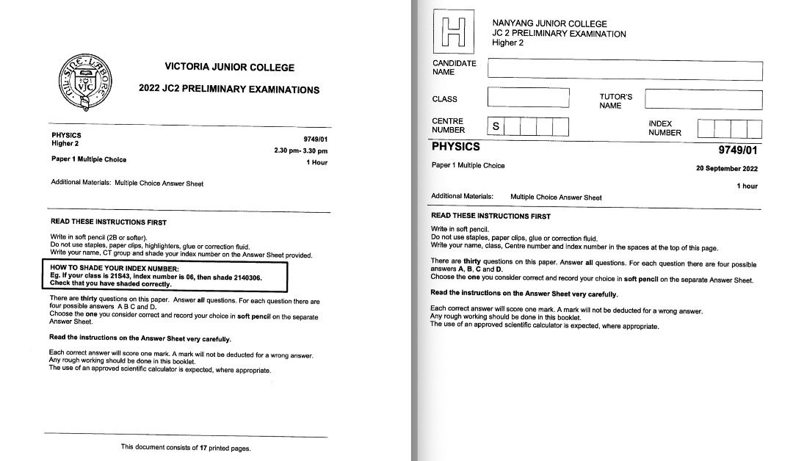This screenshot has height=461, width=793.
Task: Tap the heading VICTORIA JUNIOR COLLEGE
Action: coord(229,68)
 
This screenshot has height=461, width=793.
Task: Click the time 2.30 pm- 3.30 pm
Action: coord(300,150)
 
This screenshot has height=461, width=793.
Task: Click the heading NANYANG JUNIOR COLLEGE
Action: coord(549,24)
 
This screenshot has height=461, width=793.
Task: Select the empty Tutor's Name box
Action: coord(703,98)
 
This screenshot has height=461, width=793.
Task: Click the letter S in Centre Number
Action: coord(496,126)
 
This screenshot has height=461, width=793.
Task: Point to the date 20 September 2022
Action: coord(727,168)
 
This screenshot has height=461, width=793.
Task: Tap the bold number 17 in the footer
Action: coord(203,447)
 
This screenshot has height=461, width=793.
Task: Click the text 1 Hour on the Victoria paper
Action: coord(316,162)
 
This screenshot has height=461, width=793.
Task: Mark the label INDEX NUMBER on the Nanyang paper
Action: coord(665,128)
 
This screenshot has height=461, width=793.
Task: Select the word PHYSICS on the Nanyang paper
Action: coord(455,147)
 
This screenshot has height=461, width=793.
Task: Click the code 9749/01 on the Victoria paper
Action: coord(315,139)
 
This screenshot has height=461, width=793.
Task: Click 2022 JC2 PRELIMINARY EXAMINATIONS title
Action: coord(229,90)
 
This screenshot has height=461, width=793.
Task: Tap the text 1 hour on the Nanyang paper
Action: coord(747,186)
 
